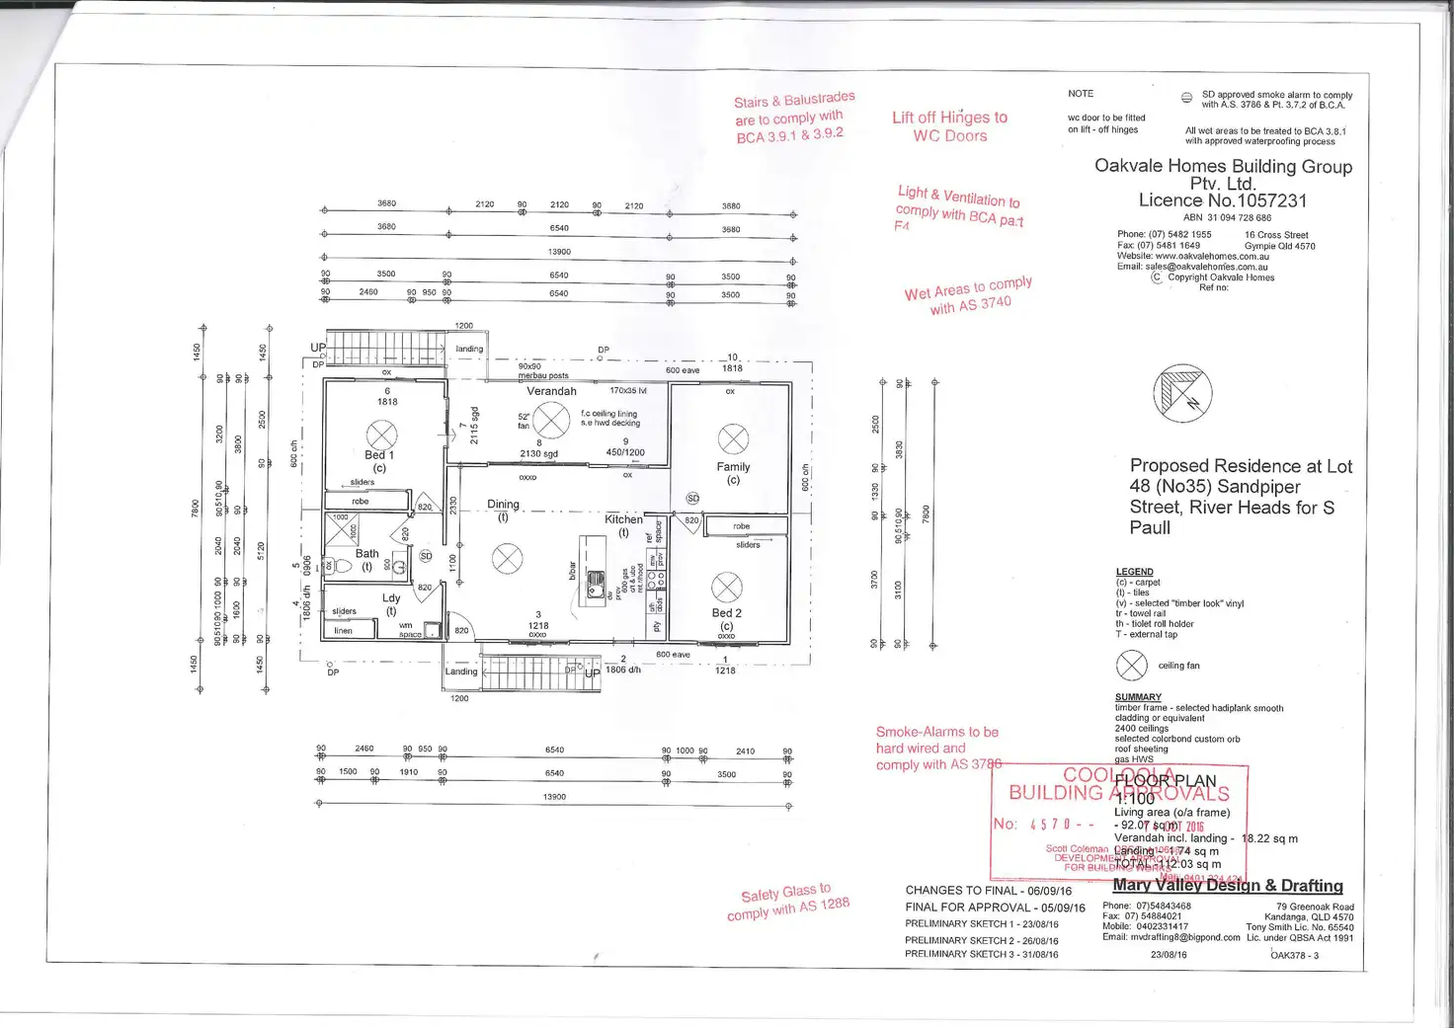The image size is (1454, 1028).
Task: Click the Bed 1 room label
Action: click(x=378, y=455)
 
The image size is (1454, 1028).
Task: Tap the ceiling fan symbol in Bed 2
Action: click(x=726, y=588)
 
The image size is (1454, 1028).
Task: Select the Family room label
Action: click(x=733, y=467)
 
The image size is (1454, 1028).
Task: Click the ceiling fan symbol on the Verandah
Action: click(x=551, y=420)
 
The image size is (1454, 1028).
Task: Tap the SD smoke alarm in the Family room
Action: click(x=692, y=499)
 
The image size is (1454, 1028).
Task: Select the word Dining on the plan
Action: click(x=503, y=505)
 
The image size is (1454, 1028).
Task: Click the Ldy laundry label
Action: click(x=391, y=598)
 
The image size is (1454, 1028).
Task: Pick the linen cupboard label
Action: click(x=343, y=631)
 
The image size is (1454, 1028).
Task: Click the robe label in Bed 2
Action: click(x=742, y=526)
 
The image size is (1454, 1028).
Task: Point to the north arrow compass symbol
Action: click(x=1182, y=392)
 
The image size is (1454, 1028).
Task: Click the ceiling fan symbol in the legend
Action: click(x=1131, y=666)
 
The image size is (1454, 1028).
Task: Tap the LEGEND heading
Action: click(x=1134, y=572)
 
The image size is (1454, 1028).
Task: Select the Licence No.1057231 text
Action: click(x=1223, y=200)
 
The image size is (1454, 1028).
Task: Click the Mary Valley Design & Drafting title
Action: click(x=1228, y=886)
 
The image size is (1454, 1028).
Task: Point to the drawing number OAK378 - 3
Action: click(x=1294, y=955)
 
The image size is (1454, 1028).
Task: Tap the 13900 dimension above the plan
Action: click(x=559, y=252)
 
